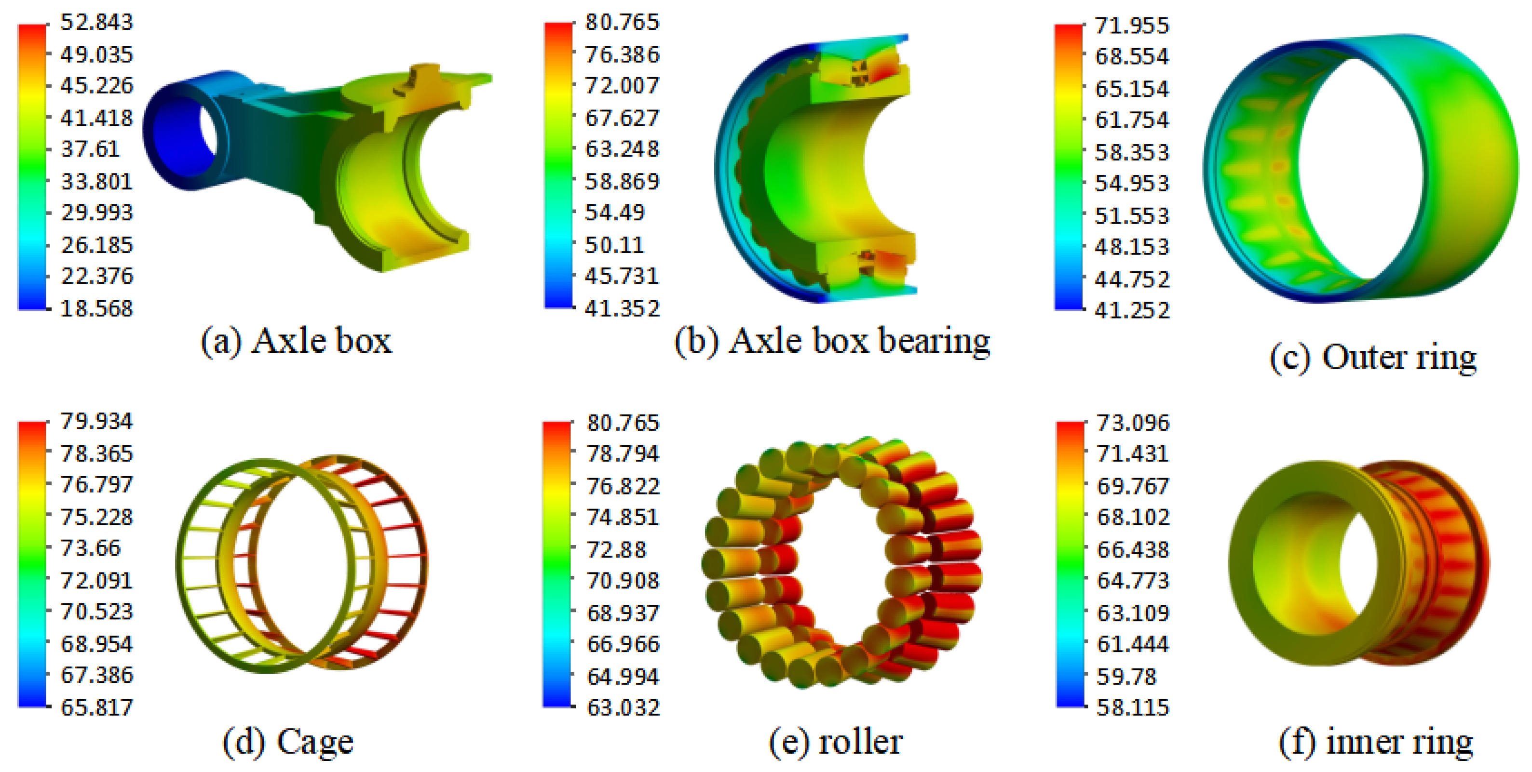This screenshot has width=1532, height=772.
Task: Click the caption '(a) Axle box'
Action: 296,342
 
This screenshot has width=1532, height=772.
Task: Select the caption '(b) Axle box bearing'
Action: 833,342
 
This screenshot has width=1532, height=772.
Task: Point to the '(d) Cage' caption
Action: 288,742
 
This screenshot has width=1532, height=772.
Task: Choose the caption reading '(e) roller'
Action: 836,742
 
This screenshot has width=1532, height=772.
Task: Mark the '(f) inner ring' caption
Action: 1376,742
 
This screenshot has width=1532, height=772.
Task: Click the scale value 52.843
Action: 97,23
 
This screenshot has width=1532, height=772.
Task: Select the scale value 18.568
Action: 97,308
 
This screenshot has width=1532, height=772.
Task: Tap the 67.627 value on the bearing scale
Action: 622,118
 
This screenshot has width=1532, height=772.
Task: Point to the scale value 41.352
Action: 622,308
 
